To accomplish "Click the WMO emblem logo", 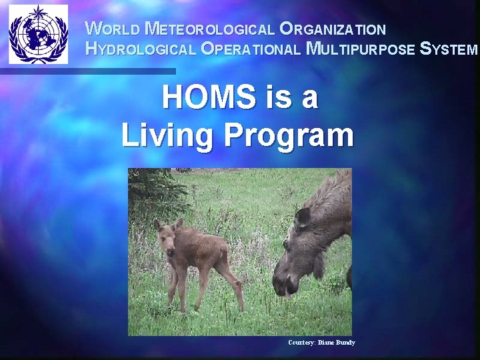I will (x=39, y=34).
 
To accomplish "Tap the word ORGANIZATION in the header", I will (x=333, y=29).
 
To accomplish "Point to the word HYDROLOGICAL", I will (x=141, y=49).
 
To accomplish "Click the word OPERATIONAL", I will (x=251, y=49).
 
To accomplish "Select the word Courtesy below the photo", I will (x=301, y=343).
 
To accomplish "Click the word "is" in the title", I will (x=277, y=99).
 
